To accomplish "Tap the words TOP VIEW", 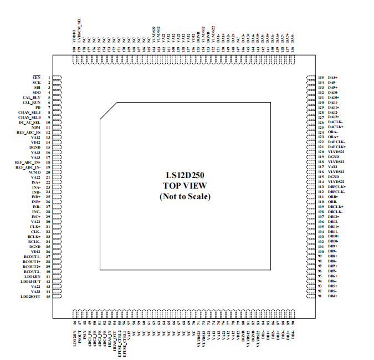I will point(185,186).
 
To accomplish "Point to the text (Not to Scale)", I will point(185,196).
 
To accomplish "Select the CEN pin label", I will point(37,77).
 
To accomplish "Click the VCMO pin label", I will point(34,172).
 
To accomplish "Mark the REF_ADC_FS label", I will point(28,132).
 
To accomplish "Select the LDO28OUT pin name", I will point(30,297).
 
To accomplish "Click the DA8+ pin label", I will point(333,77).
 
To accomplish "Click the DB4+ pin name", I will point(333,297).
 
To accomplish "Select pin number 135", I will point(320,77).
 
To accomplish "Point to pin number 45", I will point(48,297).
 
